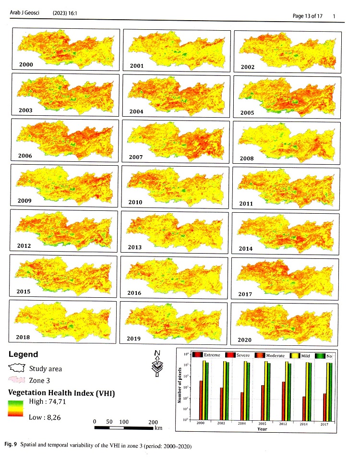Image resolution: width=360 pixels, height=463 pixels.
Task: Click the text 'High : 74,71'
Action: tap(48, 404)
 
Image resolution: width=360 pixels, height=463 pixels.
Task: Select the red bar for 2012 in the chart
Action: tap(283, 401)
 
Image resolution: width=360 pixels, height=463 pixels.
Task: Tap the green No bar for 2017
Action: tap(330, 391)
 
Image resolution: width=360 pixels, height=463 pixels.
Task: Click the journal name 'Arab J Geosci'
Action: tap(24, 14)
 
